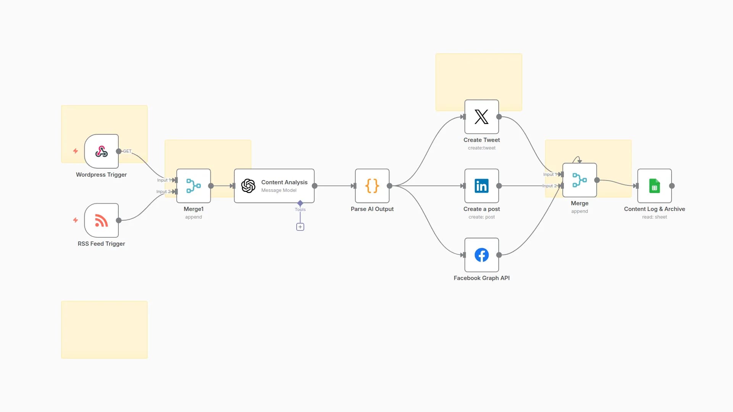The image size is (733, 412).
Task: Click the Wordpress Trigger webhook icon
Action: click(x=101, y=151)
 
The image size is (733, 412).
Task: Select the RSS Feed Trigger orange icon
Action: click(x=101, y=220)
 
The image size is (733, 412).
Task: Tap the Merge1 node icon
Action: click(x=194, y=186)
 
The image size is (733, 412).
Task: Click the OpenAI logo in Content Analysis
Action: click(x=248, y=186)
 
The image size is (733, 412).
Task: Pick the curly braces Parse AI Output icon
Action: click(x=372, y=186)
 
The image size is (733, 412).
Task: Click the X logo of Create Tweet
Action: click(x=481, y=117)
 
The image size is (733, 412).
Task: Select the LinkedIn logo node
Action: click(x=481, y=186)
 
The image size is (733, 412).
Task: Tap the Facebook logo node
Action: click(x=481, y=255)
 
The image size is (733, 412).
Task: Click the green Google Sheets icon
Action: click(x=654, y=186)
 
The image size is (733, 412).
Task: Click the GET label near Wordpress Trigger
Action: click(x=127, y=151)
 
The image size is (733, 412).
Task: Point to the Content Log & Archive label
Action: click(x=654, y=209)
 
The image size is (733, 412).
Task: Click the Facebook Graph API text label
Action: click(x=481, y=278)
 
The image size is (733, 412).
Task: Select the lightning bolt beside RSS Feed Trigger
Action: click(x=76, y=220)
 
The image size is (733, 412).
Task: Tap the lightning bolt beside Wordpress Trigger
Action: click(x=76, y=151)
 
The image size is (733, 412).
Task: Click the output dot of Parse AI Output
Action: click(x=389, y=186)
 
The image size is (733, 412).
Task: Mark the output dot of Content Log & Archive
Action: click(x=672, y=186)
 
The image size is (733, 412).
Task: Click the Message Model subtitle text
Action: click(x=279, y=190)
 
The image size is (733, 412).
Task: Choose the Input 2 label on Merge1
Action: click(x=163, y=192)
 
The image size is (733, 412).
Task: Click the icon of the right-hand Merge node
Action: click(x=580, y=180)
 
